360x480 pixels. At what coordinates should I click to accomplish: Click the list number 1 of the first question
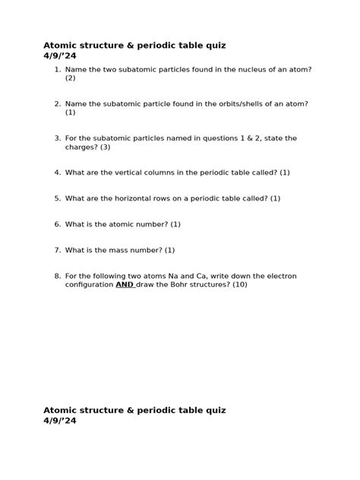[57, 69]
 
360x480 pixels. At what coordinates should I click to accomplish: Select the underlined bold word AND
[125, 285]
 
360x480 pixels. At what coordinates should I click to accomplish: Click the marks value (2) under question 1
[70, 77]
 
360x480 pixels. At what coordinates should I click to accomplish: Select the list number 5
[57, 198]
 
